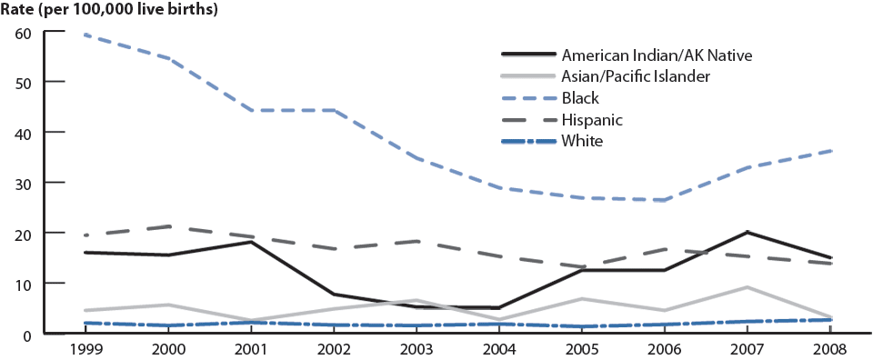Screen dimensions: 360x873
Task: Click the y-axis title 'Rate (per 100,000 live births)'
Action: point(110,10)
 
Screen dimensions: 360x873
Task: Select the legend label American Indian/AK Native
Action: point(657,55)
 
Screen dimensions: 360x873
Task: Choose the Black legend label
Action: point(580,98)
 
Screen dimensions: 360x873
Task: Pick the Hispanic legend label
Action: point(593,119)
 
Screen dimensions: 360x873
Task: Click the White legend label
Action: point(582,141)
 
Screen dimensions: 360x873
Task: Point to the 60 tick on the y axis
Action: point(25,33)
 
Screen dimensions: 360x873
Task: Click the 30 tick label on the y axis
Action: point(25,183)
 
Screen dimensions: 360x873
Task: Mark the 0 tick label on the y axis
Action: point(29,335)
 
